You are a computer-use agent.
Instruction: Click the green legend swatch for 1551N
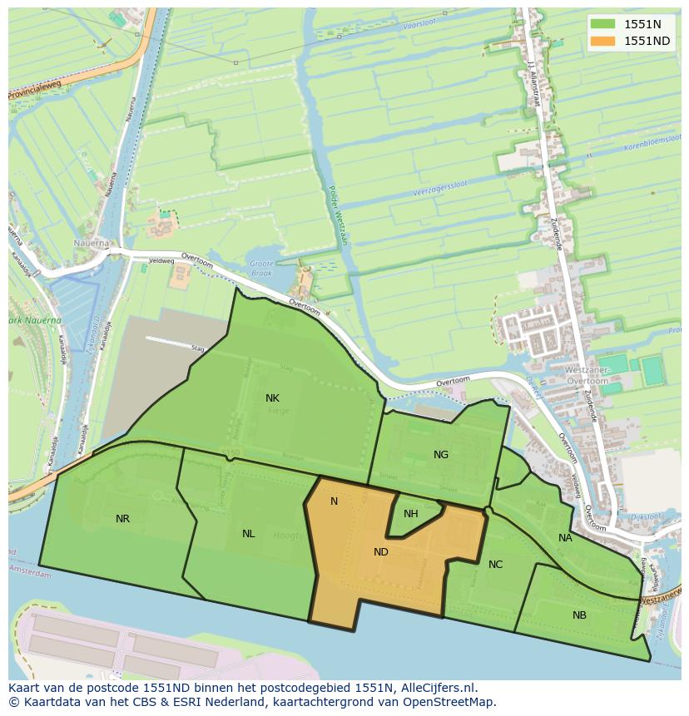coord(603,24)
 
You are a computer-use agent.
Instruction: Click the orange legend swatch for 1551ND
coord(603,41)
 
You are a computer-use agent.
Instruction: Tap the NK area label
coord(272,398)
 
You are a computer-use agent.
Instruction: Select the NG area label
coord(441,454)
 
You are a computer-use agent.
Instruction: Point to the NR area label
coord(122,519)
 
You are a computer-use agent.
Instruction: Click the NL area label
coord(248,534)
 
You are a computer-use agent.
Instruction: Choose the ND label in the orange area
coord(381,551)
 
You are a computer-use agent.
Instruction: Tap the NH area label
coord(410,514)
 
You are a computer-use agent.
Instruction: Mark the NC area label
coord(495,565)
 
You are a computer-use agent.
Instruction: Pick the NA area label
coord(565,538)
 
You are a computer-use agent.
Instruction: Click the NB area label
coord(579,615)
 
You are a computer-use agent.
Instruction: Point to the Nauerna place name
coord(90,244)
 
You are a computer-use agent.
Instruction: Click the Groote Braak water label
coord(261,269)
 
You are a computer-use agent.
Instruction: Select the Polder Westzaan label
coord(337,215)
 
